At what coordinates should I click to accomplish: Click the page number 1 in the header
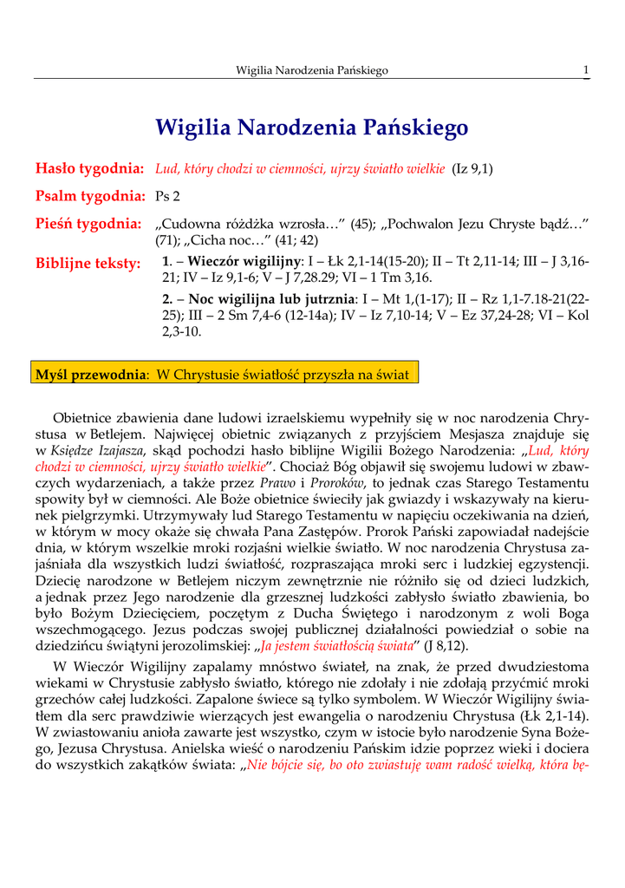tap(587, 69)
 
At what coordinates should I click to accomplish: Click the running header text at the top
tap(312, 69)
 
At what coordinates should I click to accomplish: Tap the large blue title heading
tap(312, 128)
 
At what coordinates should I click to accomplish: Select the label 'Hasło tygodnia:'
tap(88, 167)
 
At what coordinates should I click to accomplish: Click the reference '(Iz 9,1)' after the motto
tap(472, 168)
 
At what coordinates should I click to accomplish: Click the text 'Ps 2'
tap(167, 196)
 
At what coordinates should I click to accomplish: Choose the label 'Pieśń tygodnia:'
tap(88, 225)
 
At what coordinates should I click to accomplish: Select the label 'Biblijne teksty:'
tap(88, 263)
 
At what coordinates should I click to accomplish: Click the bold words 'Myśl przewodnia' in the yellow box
tap(89, 375)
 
